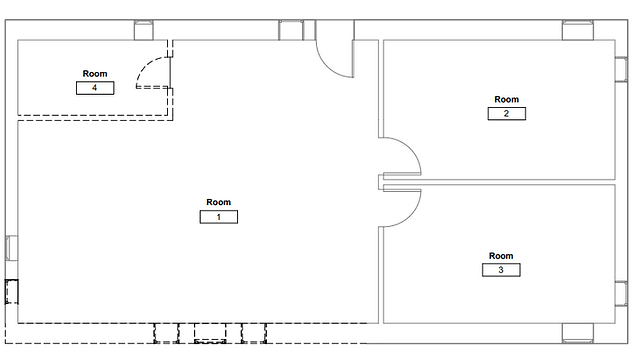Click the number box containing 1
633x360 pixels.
pyautogui.click(x=219, y=217)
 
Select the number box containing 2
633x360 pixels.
pyautogui.click(x=507, y=113)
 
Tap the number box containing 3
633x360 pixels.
pyautogui.click(x=501, y=270)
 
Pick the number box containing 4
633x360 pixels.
pyautogui.click(x=95, y=88)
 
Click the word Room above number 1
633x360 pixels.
pyautogui.click(x=219, y=202)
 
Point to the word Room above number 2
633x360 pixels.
pyautogui.click(x=507, y=99)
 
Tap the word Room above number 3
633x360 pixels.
pyautogui.click(x=501, y=256)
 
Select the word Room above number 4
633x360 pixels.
pyautogui.click(x=95, y=73)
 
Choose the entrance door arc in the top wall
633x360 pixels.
pyautogui.click(x=327, y=65)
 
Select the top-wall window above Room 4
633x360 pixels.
pyautogui.click(x=144, y=30)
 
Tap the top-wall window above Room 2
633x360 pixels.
pyautogui.click(x=578, y=30)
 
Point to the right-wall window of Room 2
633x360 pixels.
pyautogui.click(x=621, y=69)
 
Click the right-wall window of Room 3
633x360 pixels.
pyautogui.click(x=621, y=293)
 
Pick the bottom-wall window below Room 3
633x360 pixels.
pyautogui.click(x=578, y=333)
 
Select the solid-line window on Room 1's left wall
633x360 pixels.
pyautogui.click(x=12, y=248)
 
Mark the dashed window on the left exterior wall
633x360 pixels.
pyautogui.click(x=12, y=291)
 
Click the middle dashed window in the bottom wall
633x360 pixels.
pyautogui.click(x=210, y=333)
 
